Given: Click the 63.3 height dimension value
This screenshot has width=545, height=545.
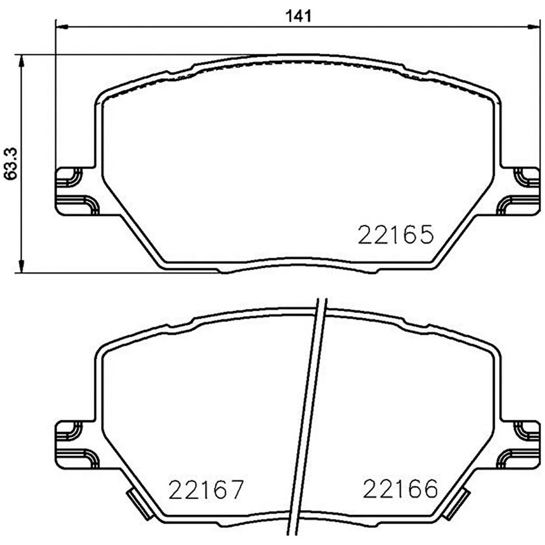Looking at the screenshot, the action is [x=10, y=163].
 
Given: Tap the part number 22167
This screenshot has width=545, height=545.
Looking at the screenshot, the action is [x=206, y=489].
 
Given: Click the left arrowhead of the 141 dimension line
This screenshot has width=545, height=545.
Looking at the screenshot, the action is [x=62, y=27].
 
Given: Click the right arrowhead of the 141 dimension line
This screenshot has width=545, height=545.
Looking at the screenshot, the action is [x=533, y=26].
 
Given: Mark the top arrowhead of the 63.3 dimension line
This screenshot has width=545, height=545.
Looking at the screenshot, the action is [x=21, y=61].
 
